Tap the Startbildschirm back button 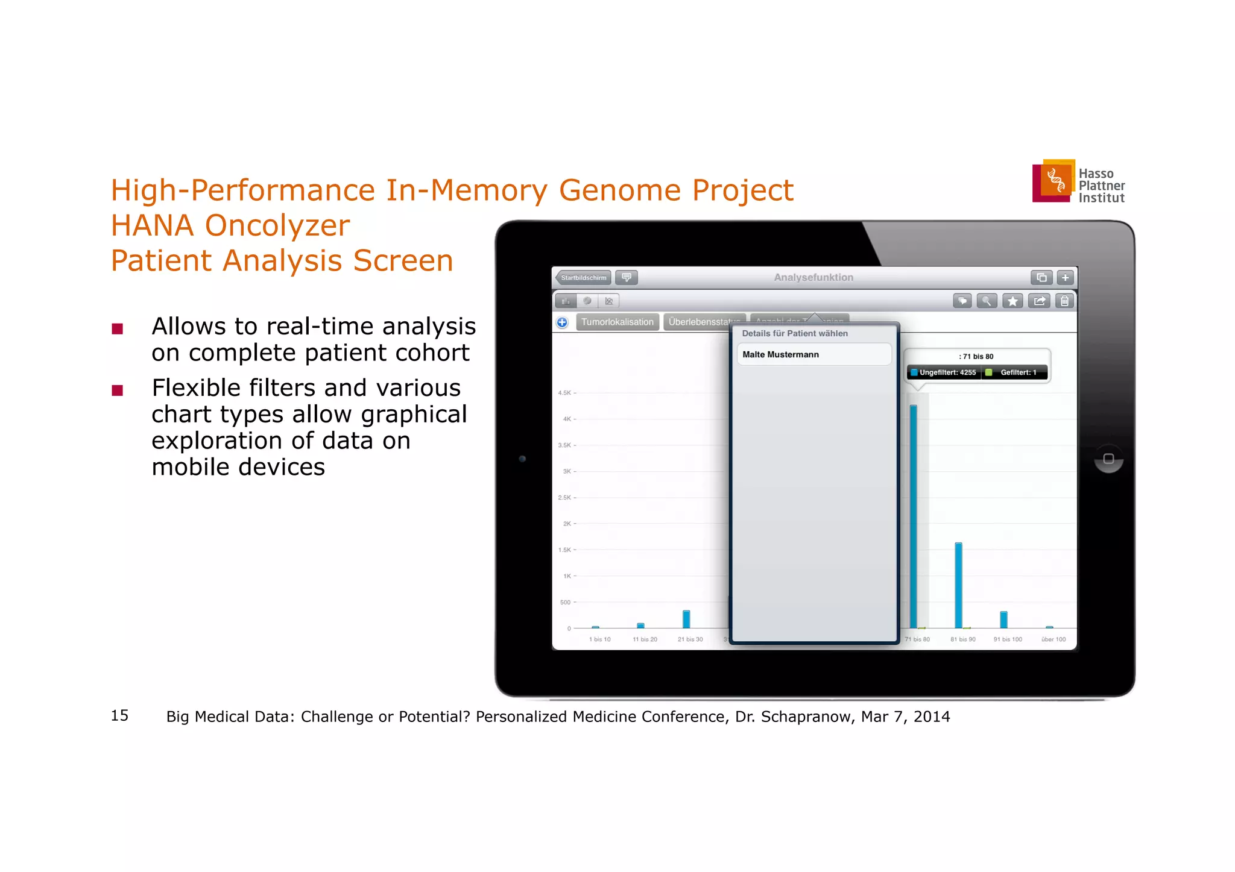tap(583, 278)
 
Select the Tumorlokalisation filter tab tap(617, 322)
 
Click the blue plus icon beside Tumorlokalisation tap(562, 322)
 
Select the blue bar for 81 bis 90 tap(958, 585)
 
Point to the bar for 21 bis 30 tap(686, 619)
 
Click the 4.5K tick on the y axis tap(565, 393)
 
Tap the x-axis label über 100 tap(1053, 639)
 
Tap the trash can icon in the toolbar tap(1065, 301)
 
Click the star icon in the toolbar tap(1012, 301)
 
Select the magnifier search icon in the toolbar tap(987, 301)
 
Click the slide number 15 tap(119, 715)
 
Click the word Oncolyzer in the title tap(277, 226)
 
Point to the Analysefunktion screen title tap(813, 277)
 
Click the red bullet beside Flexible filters tap(118, 391)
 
